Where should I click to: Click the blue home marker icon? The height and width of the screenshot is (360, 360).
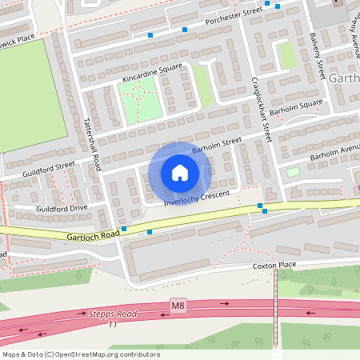click(180, 172)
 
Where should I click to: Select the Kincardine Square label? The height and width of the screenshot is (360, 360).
click(141, 72)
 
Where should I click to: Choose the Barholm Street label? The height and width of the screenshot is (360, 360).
click(217, 145)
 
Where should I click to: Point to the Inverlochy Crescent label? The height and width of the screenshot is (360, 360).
click(197, 198)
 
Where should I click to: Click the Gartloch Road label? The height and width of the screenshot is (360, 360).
click(93, 234)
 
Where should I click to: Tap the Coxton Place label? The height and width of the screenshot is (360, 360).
click(274, 266)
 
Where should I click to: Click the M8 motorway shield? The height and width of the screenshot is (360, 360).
click(178, 305)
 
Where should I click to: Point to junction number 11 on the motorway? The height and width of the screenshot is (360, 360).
click(113, 325)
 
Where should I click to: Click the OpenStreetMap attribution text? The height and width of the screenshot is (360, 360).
click(80, 354)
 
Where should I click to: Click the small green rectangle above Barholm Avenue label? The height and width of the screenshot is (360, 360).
click(294, 171)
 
